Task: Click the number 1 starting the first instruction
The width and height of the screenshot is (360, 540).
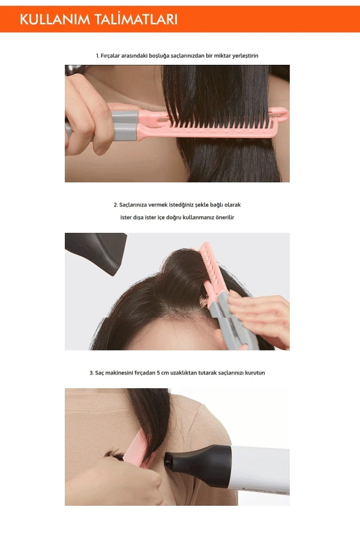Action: click(97, 56)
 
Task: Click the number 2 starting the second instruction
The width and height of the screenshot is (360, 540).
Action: click(115, 205)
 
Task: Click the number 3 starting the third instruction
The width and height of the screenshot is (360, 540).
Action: click(91, 373)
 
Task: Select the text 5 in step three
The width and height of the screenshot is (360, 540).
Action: click(158, 373)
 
